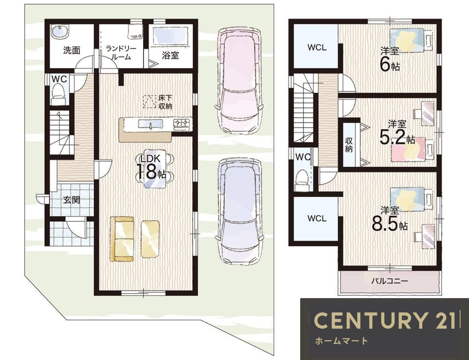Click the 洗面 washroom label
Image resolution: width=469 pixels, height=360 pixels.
[x=72, y=50]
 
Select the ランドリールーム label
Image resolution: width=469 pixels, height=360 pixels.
[x=121, y=52]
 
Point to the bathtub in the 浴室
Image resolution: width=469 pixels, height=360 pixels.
[x=171, y=36]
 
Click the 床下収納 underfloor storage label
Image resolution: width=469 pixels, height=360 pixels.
[x=165, y=102]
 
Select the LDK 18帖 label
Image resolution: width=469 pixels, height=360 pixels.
[x=151, y=167]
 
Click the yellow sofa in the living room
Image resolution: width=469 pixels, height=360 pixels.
[x=122, y=239]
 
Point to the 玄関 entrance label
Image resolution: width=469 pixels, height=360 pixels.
[x=71, y=200]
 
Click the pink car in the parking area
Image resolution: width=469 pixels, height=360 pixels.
[x=239, y=81]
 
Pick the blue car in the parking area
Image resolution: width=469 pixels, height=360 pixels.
[x=239, y=212]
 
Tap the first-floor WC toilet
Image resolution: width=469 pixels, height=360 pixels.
[x=58, y=94]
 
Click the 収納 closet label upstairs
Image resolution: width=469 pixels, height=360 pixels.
[x=349, y=145]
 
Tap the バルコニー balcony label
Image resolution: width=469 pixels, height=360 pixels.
[x=389, y=281]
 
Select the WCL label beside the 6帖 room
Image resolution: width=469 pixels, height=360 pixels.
[x=317, y=47]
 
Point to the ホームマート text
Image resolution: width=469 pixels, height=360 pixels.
[x=341, y=341]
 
